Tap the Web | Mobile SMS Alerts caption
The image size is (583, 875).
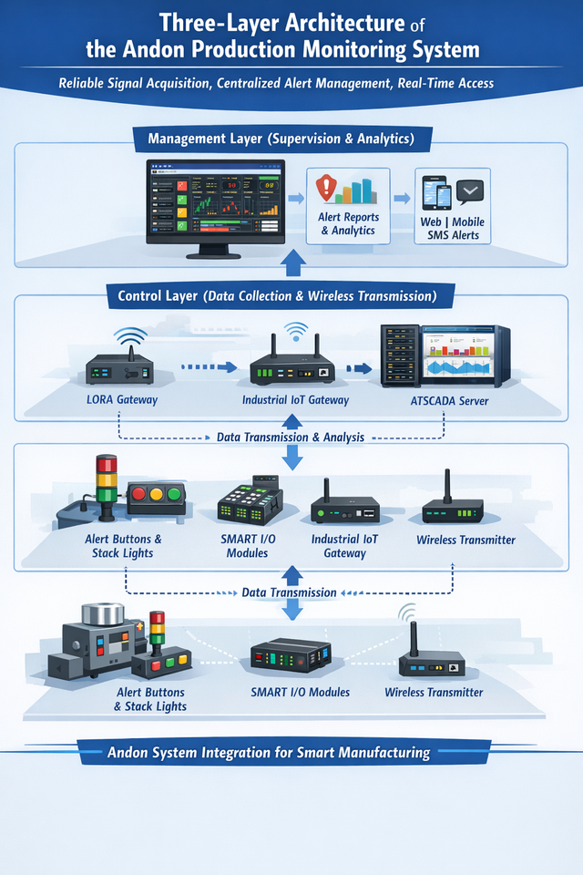coord(452,229)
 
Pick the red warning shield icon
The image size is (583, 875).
coord(326,190)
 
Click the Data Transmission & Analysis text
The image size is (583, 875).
coord(291,437)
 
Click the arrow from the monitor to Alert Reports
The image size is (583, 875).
coord(296,196)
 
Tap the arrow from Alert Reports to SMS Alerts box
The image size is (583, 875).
coord(401,196)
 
